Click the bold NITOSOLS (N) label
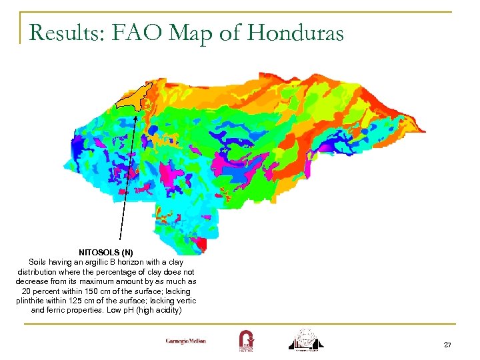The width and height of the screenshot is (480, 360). point(106,253)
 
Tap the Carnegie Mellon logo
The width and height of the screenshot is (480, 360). point(186,341)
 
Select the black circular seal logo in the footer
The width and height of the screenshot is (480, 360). point(307,339)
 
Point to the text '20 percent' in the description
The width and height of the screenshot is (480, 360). point(39,291)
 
